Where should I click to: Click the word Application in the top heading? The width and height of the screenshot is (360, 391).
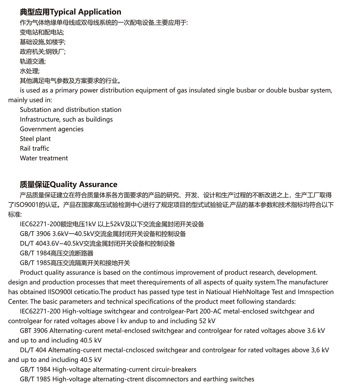click(100, 12)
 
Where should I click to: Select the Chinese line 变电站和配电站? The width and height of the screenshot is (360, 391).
click(42, 32)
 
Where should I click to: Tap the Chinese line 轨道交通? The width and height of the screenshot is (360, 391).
click(32, 61)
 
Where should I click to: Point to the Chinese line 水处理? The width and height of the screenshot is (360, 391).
click(29, 71)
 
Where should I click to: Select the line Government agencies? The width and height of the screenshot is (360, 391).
click(52, 129)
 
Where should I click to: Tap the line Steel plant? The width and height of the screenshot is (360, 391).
click(35, 139)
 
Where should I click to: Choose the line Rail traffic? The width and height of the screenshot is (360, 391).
click(34, 148)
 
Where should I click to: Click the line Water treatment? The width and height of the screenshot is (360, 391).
click(44, 158)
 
